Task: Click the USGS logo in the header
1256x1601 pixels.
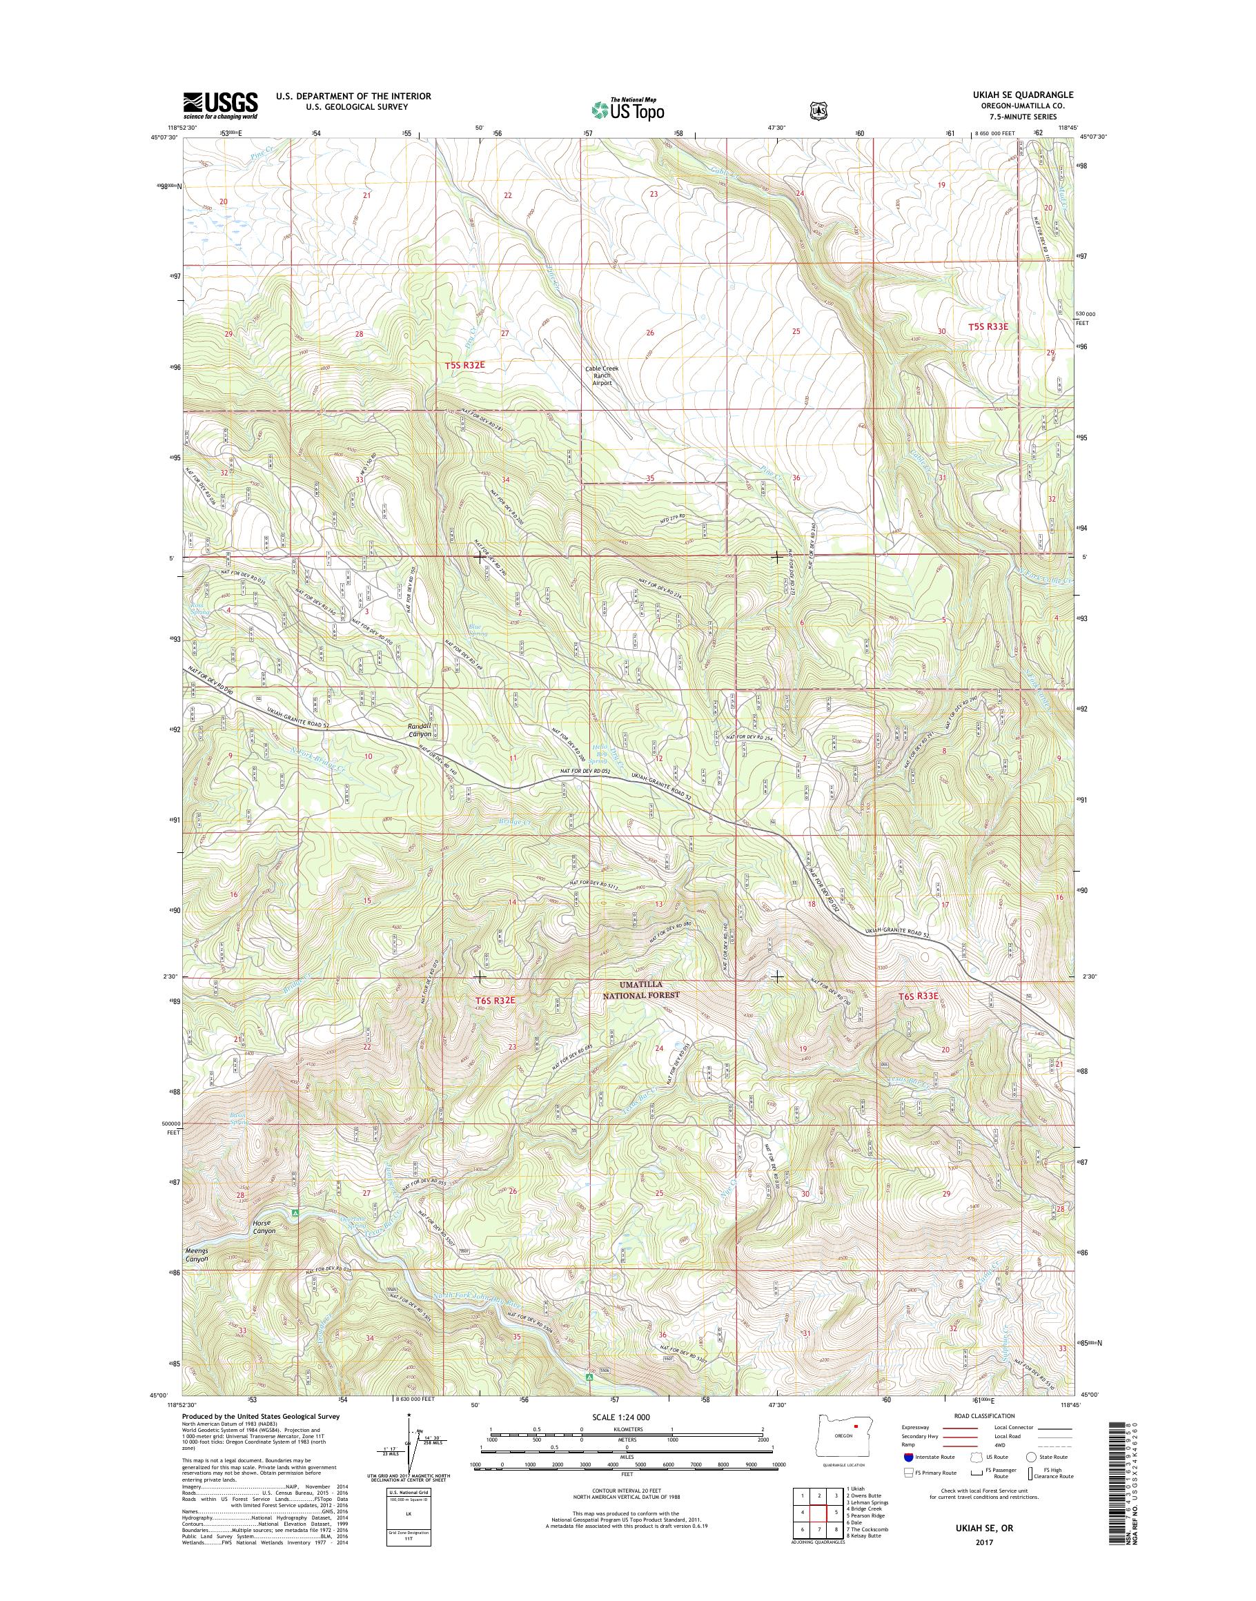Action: click(x=221, y=106)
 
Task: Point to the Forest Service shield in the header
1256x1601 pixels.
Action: click(x=817, y=109)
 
